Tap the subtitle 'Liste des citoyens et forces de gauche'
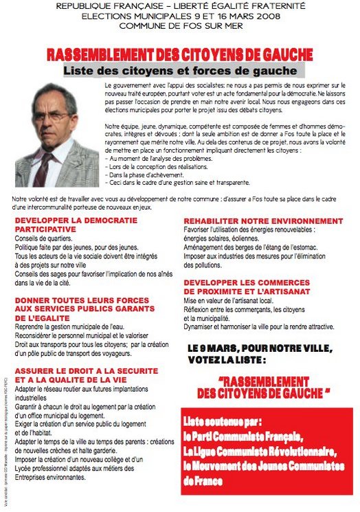point(180,71)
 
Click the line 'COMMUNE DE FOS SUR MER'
point(180,25)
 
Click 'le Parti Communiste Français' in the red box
point(243,436)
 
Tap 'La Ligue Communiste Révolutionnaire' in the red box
point(260,452)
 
